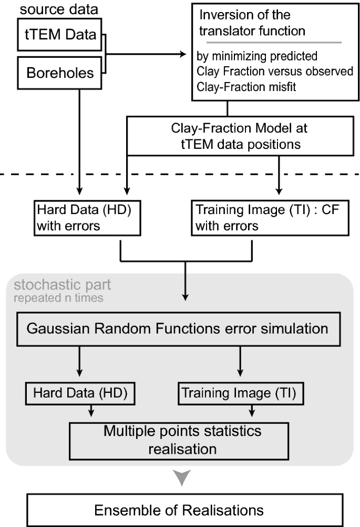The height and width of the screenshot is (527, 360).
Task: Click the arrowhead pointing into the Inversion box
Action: [x=183, y=53]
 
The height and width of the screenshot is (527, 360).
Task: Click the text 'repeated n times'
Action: [x=59, y=298]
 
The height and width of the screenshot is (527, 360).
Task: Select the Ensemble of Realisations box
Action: [x=180, y=509]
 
